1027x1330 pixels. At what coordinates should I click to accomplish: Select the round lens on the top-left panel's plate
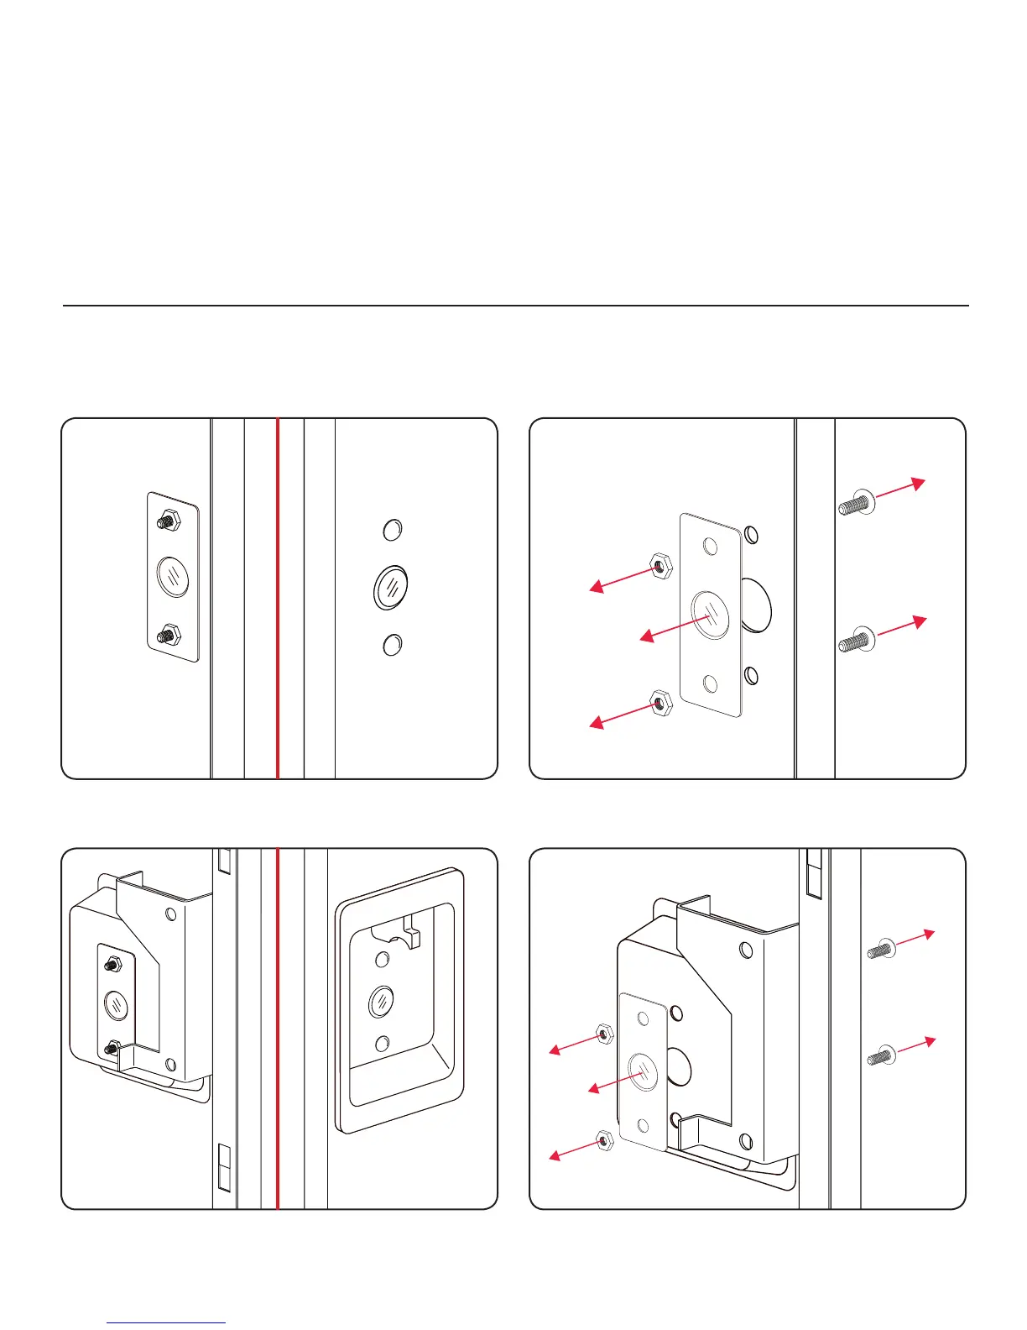173,577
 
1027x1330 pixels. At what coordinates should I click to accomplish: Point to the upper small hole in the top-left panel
392,530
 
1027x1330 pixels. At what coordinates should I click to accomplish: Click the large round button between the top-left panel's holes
390,586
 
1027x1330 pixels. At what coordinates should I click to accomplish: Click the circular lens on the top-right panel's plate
710,615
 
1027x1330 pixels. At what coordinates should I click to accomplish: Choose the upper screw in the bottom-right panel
881,949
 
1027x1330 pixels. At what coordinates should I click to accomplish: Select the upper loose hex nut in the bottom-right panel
602,1033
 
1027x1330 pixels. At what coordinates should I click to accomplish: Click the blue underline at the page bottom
167,1322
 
